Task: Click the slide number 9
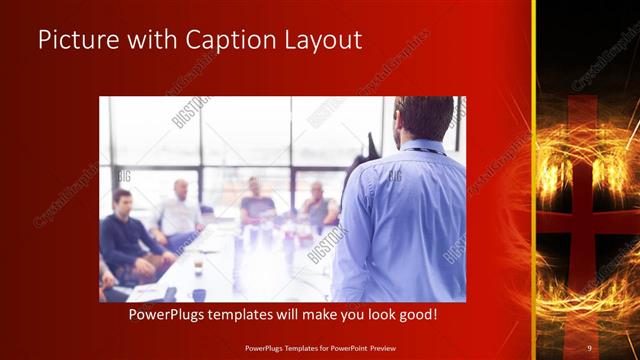[x=589, y=348]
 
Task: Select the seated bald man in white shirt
[x=180, y=210]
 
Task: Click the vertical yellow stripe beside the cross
[x=533, y=180]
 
